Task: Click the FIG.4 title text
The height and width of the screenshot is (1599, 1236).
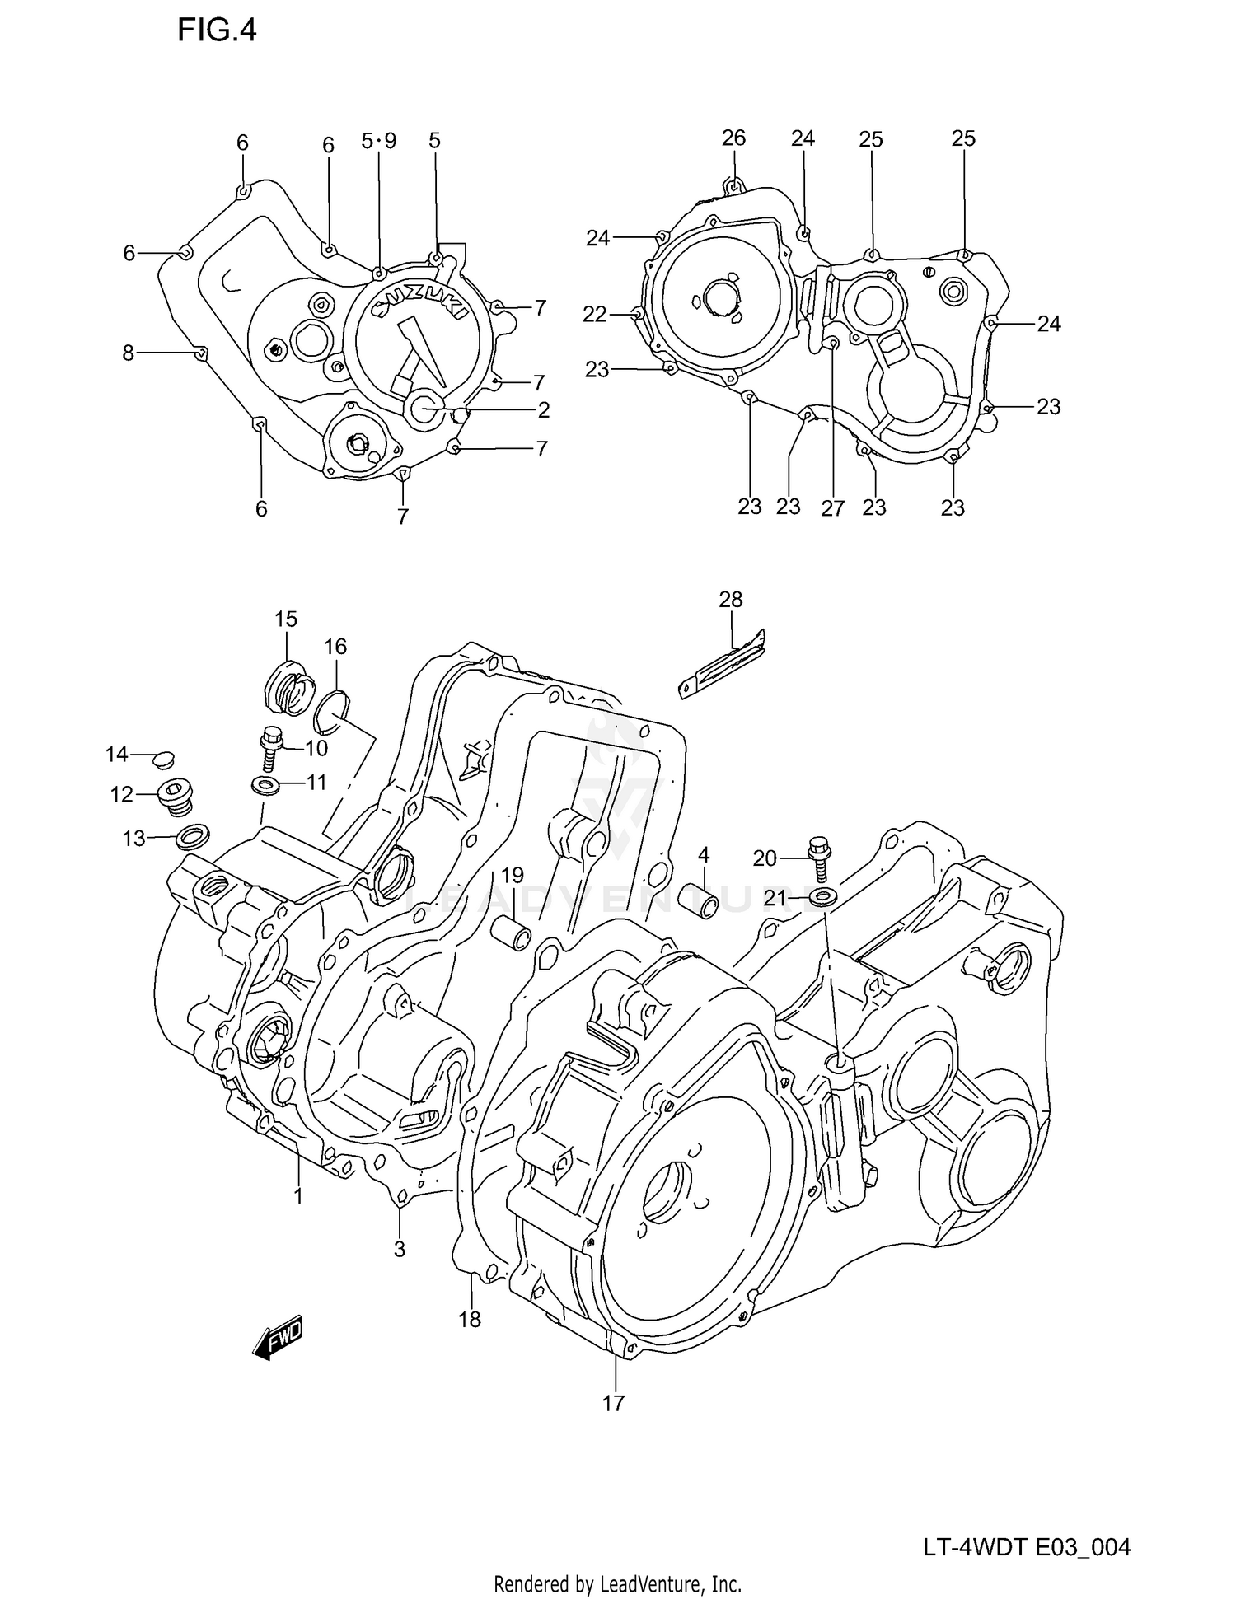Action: coord(217,30)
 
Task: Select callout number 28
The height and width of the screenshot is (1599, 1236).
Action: coord(730,600)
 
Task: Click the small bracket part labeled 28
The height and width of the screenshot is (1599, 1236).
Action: coord(722,664)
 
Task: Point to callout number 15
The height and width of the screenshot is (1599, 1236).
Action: coord(286,619)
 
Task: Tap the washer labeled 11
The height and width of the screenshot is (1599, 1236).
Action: coord(265,783)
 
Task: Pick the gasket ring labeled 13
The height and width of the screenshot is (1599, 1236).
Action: coord(191,838)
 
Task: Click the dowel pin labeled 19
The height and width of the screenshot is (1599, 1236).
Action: coord(511,933)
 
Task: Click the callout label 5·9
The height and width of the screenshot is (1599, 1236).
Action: coord(379,141)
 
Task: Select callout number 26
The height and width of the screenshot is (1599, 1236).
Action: coord(733,138)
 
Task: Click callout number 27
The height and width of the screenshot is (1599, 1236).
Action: coord(832,508)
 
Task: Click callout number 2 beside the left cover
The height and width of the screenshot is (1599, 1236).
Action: coord(543,409)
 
